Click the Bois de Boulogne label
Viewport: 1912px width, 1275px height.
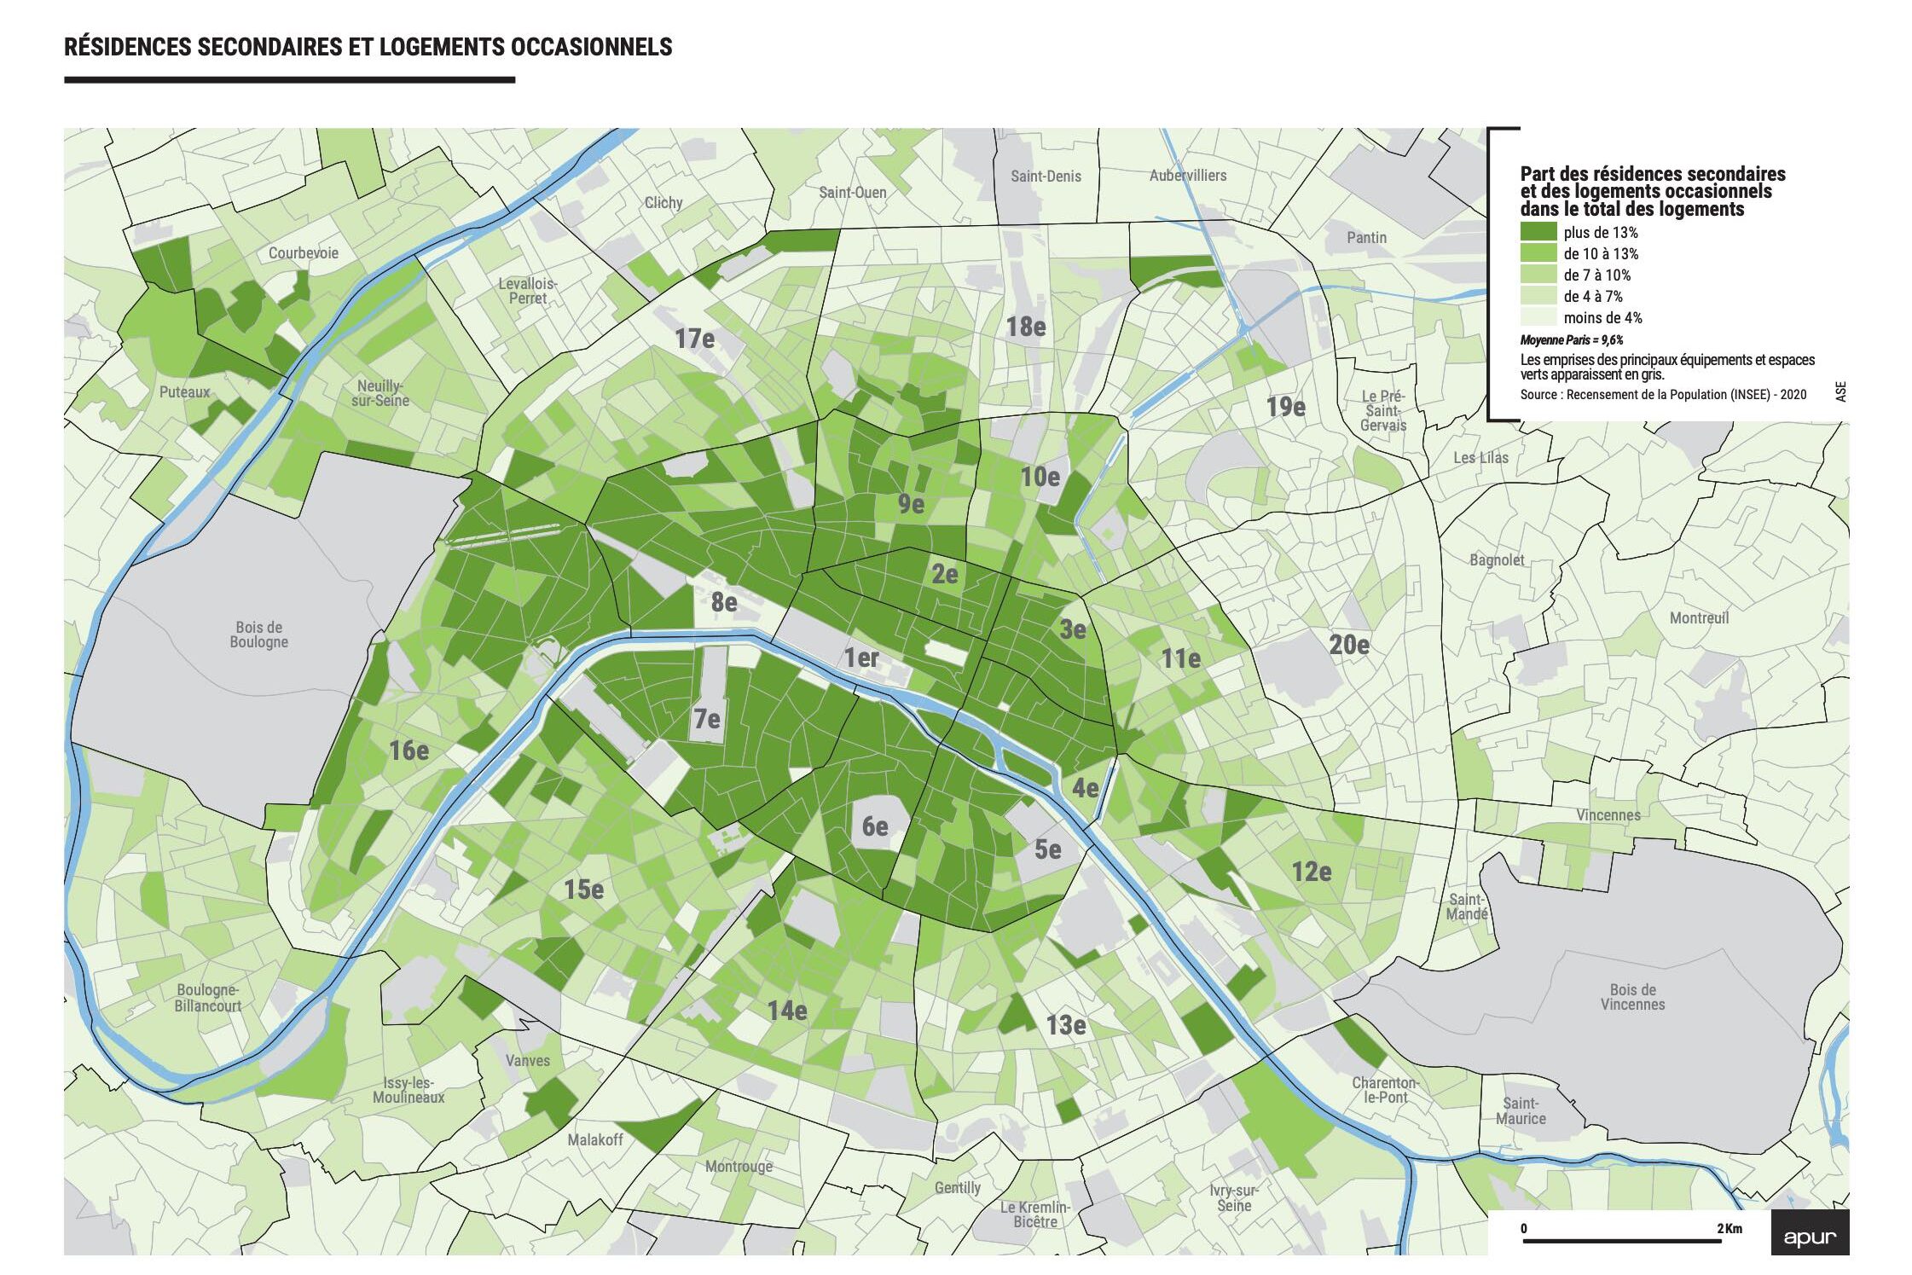pos(258,635)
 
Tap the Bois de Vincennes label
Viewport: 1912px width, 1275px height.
pos(1632,997)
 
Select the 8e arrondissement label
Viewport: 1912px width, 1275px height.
pos(724,602)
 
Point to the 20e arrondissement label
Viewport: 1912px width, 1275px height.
pos(1348,645)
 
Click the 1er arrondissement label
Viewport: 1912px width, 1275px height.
pos(860,658)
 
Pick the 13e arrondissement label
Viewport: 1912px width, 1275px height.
pos(1065,1024)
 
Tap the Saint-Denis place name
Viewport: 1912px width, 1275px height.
pos(1046,177)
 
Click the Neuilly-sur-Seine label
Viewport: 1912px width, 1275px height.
pos(382,393)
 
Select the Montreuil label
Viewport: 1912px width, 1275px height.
pos(1699,617)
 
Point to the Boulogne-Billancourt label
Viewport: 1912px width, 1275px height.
pos(208,998)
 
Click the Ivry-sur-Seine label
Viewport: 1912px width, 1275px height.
pos(1234,1197)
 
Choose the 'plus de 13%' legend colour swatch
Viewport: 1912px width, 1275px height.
pos(1538,232)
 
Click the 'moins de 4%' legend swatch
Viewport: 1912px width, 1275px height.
pos(1538,317)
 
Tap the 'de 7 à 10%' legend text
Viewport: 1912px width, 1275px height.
pos(1596,275)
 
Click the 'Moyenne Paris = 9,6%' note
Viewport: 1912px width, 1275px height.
pos(1571,339)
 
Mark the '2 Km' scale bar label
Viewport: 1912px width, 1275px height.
pos(1729,1228)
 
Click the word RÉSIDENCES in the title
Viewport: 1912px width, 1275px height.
pos(127,47)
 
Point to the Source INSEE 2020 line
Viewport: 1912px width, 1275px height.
pos(1662,394)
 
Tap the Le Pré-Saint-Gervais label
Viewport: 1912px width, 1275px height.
pos(1382,410)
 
